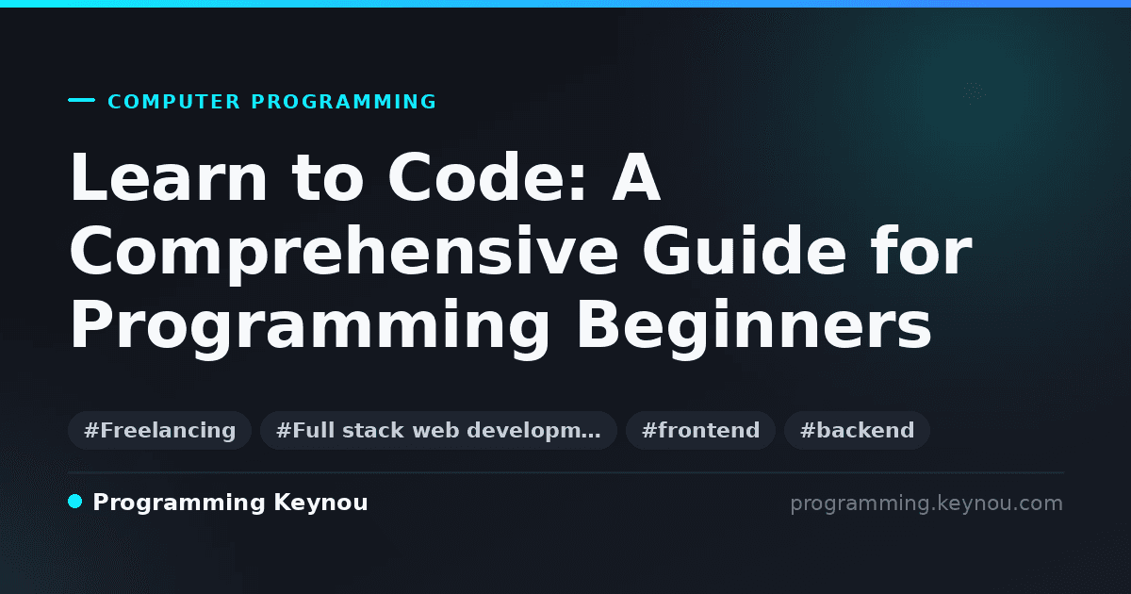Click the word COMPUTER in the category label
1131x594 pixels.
(x=173, y=102)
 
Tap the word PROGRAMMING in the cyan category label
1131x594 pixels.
(x=343, y=102)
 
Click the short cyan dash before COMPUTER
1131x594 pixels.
(x=81, y=100)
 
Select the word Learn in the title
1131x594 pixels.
(x=168, y=177)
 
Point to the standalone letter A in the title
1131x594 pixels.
(x=636, y=177)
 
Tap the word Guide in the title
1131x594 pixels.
(x=745, y=250)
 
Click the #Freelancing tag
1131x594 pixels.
(x=159, y=430)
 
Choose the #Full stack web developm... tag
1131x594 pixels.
(x=438, y=430)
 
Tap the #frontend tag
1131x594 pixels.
(x=700, y=430)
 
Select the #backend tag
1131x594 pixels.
(x=857, y=430)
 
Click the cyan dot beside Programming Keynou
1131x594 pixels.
(x=75, y=502)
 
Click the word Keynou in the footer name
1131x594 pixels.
(x=320, y=503)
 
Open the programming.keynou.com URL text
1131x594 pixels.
(x=926, y=503)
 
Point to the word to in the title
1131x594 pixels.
(x=328, y=178)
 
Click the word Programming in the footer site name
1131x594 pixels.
(x=179, y=503)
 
